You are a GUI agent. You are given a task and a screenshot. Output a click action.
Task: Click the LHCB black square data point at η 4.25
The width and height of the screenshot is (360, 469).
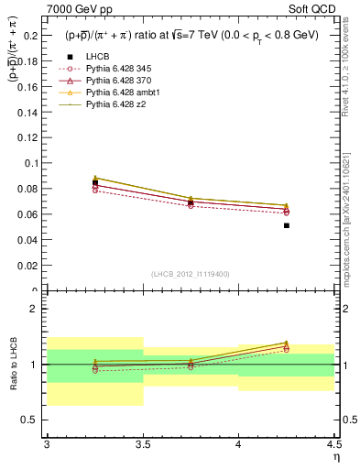287,225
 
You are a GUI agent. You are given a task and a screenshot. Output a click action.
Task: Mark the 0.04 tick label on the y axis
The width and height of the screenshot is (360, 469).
28,240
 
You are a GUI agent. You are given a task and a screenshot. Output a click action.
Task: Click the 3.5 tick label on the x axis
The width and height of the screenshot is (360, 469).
142,444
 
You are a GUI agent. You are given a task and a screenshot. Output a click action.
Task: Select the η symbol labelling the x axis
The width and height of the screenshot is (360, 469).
335,456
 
